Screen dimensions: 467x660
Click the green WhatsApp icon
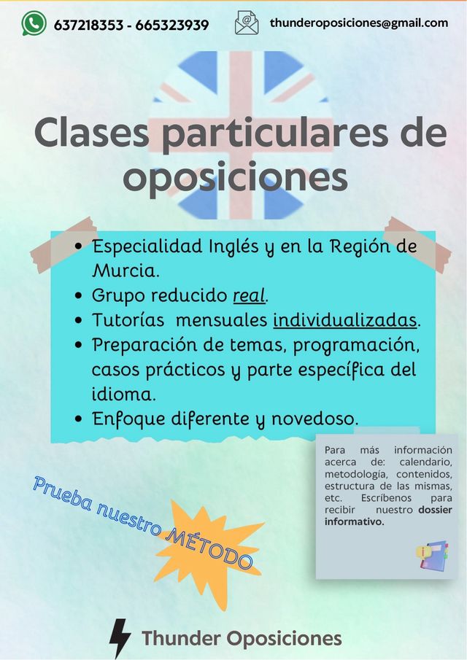click(x=34, y=23)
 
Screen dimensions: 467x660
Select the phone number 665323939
click(x=172, y=26)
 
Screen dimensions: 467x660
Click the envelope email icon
click(x=247, y=23)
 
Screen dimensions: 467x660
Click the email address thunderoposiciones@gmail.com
click(x=359, y=23)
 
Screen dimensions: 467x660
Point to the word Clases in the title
click(x=92, y=133)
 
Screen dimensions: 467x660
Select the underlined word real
click(x=250, y=296)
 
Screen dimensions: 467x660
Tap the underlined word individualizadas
click(x=345, y=320)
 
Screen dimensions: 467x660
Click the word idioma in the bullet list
click(x=121, y=395)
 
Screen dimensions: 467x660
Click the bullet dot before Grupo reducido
click(x=78, y=296)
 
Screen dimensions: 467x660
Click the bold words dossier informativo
click(x=388, y=516)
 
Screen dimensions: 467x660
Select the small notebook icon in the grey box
click(x=432, y=556)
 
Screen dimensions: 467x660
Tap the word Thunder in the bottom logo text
click(x=182, y=638)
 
